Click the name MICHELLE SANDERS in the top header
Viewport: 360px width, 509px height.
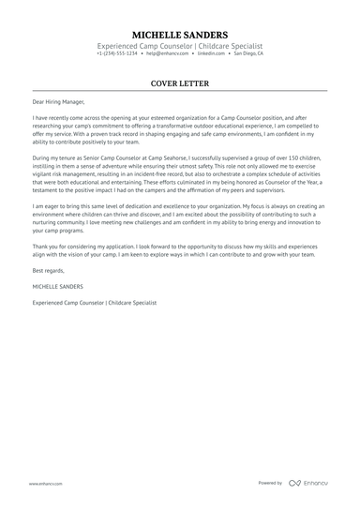click(x=180, y=34)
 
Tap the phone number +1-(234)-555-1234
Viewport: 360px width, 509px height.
click(x=115, y=54)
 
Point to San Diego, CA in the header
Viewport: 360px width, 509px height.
click(x=248, y=54)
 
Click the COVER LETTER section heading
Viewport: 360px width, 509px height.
click(x=180, y=83)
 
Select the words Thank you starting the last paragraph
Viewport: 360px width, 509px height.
click(x=45, y=245)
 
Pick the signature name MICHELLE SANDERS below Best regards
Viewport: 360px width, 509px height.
click(x=57, y=286)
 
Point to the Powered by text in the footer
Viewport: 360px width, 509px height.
click(x=270, y=483)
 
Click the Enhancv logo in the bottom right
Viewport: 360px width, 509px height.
click(x=309, y=483)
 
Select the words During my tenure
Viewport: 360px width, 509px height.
click(x=56, y=160)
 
